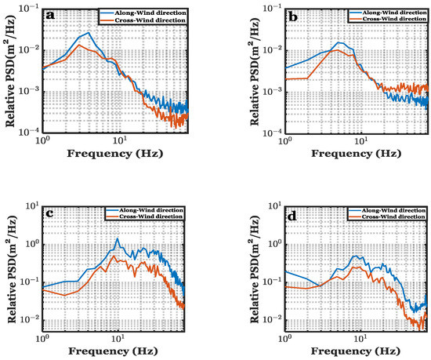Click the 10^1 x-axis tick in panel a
[120, 140]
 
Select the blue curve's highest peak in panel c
[118, 238]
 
